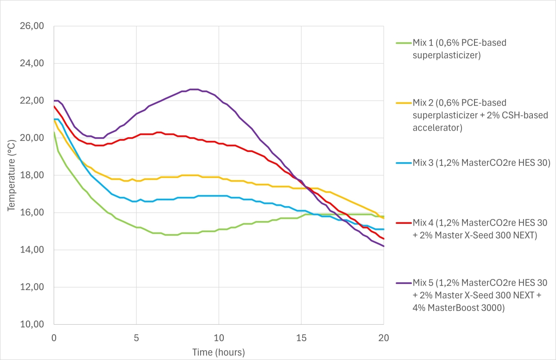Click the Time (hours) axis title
point(219,352)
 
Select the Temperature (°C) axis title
point(11,175)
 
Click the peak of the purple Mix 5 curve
point(194,89)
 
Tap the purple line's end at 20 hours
point(384,246)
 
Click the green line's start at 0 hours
point(54,133)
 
